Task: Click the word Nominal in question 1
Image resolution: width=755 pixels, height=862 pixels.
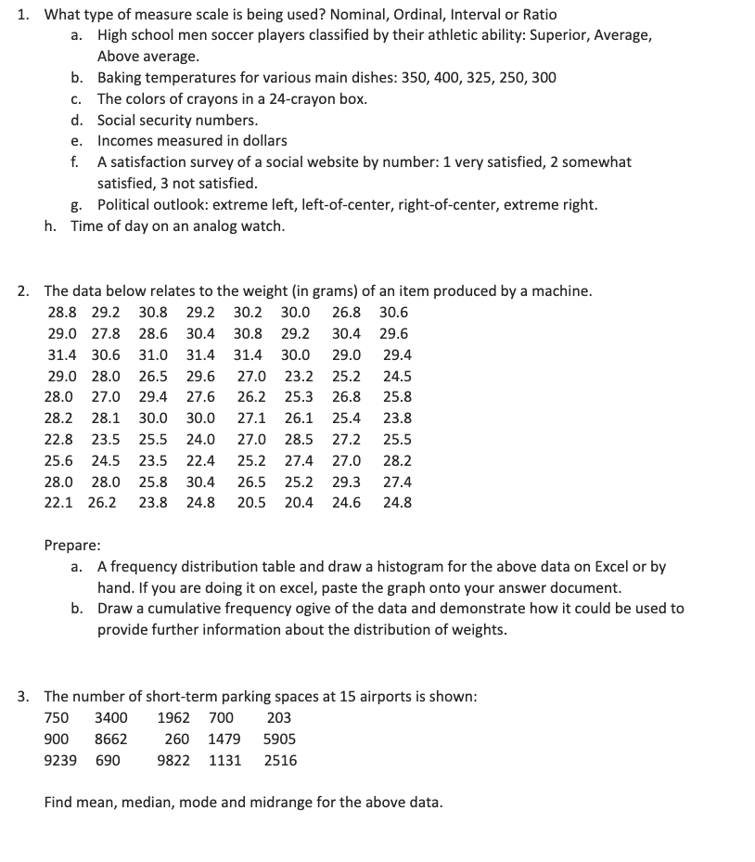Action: (349, 15)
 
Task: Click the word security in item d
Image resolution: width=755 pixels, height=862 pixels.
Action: (170, 121)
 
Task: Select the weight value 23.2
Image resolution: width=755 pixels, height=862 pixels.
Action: (298, 377)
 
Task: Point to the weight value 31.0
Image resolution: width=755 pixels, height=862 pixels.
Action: (154, 355)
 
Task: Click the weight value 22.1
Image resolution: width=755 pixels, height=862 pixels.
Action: (59, 504)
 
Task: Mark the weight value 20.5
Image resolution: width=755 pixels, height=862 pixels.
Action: (250, 504)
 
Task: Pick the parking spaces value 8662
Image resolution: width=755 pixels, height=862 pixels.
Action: (111, 740)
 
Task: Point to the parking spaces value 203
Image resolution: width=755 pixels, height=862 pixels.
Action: (278, 718)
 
